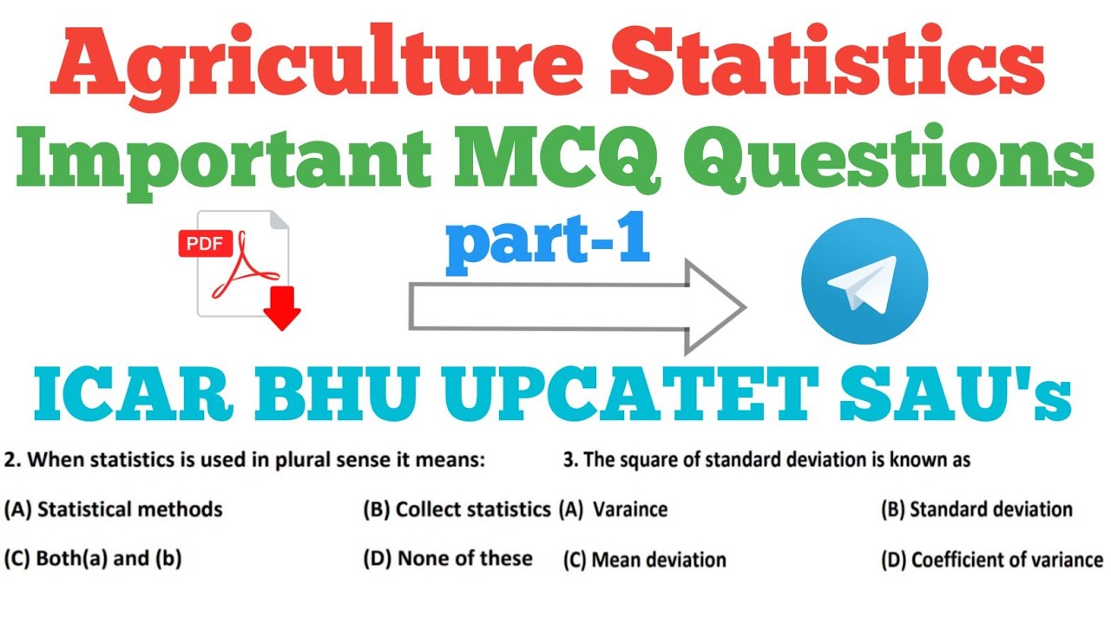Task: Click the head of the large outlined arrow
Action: (x=712, y=306)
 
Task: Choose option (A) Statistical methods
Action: (x=114, y=509)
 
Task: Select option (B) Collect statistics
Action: (x=457, y=509)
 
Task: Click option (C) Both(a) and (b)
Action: (x=93, y=558)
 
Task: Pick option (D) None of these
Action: (x=448, y=558)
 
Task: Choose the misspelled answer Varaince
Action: (x=629, y=510)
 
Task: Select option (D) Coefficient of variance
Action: (x=991, y=560)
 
